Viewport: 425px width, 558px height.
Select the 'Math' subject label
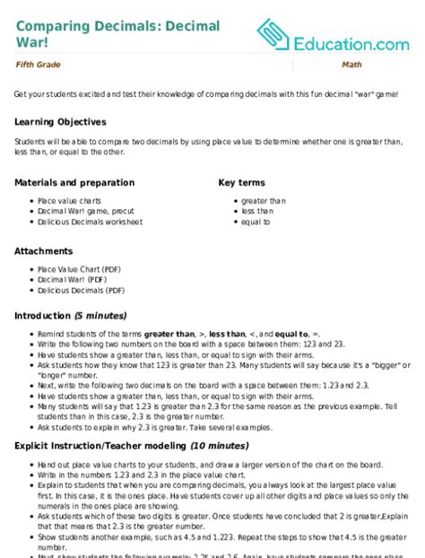[x=351, y=65]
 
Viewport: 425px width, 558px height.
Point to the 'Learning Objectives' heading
[x=60, y=121]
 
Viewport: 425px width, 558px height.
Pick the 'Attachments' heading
[x=44, y=251]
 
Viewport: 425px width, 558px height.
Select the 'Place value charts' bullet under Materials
[x=64, y=202]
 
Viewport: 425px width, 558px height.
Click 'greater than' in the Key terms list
[x=263, y=202]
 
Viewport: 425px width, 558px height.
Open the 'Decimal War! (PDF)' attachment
[x=66, y=280]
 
